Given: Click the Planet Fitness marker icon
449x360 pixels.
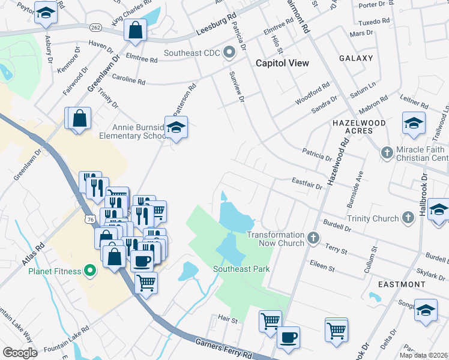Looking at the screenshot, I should (x=91, y=271).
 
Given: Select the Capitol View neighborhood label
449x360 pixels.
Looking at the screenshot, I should (x=282, y=63).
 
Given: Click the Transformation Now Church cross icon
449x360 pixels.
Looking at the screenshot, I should (x=313, y=238).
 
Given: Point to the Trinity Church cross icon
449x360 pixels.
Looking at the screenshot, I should (x=408, y=218).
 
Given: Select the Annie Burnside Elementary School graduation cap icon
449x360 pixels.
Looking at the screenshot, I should (x=176, y=128).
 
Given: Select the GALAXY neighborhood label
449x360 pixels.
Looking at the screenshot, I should (x=356, y=59).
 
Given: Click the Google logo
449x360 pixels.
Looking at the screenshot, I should (x=20, y=352).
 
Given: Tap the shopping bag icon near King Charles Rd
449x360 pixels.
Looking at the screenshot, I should (x=136, y=29).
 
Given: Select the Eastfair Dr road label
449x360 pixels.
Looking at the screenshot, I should (x=307, y=183).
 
